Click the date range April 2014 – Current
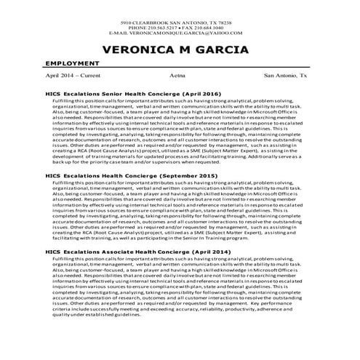[x=73, y=75]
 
